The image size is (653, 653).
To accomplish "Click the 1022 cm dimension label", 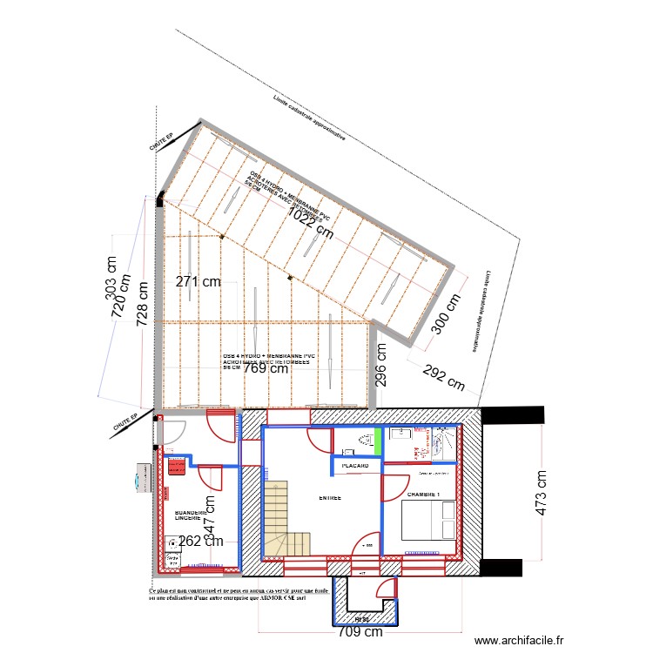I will coord(311,223).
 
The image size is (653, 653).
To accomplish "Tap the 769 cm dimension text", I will coord(266,368).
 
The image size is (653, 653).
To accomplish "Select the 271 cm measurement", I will coord(198,281).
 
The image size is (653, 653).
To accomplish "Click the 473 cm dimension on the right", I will coord(542,493).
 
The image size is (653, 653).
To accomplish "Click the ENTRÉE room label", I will coord(329,498).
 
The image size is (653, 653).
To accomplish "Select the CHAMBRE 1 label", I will coord(424,495).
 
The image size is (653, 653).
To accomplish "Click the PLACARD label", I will coord(360,467).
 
